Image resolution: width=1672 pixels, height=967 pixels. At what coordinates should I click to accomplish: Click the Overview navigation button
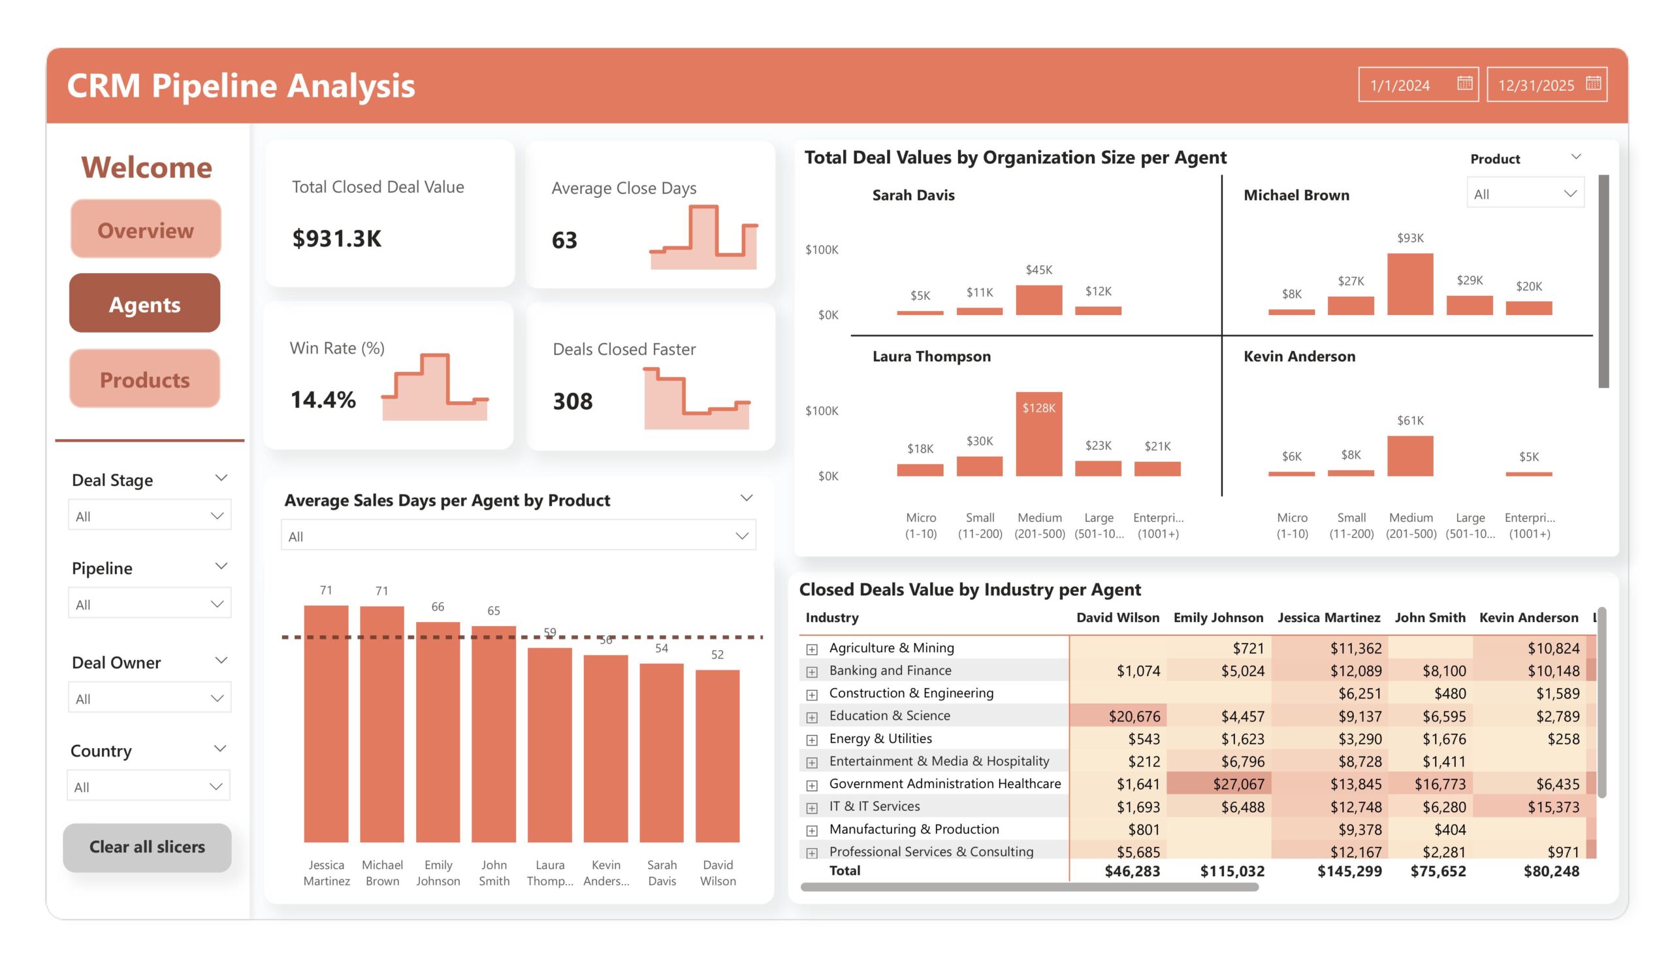145,229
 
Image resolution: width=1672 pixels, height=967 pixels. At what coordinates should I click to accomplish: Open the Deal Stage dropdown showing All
150,516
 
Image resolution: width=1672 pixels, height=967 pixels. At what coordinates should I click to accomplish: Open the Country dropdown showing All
148,787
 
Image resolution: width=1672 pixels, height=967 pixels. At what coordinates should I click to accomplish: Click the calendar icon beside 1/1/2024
1464,84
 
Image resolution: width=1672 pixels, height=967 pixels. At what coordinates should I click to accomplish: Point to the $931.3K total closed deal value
337,238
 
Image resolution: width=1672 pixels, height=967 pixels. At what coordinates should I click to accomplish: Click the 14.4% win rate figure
323,400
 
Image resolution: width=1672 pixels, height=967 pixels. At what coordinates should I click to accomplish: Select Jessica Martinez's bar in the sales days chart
326,723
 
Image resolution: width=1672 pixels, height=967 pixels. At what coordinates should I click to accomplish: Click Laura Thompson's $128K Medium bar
1038,434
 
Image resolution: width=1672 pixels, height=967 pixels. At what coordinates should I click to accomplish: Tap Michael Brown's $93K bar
1410,284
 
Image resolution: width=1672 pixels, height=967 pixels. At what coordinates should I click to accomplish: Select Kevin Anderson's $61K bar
1410,456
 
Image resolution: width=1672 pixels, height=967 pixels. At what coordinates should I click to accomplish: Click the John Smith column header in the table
1429,617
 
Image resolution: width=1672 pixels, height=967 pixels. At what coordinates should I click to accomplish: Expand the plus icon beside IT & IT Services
811,807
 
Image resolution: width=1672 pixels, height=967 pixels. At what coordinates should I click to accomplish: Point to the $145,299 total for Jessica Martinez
1349,871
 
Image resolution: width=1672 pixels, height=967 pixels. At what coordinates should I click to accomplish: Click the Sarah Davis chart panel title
913,195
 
